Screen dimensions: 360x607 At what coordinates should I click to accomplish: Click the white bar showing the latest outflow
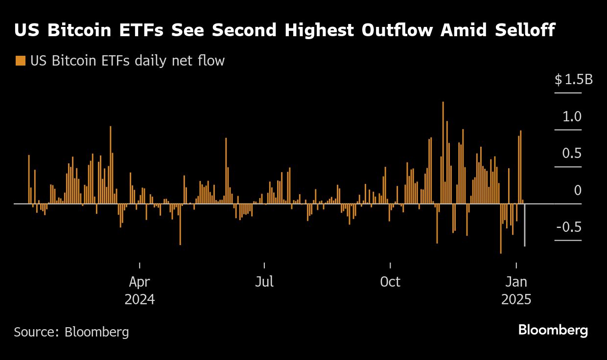(525, 225)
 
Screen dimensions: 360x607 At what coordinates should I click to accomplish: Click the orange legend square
(20, 61)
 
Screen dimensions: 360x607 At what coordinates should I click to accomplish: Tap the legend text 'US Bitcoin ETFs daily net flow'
(127, 61)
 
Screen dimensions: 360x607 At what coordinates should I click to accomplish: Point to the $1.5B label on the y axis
(573, 80)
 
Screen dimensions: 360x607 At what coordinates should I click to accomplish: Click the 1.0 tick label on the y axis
(572, 117)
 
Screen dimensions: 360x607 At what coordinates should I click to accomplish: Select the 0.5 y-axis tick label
(572, 154)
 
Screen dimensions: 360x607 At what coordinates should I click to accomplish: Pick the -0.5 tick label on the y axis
(569, 227)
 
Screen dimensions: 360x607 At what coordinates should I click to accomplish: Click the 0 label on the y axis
(578, 191)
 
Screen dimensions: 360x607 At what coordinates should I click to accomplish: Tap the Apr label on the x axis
(140, 282)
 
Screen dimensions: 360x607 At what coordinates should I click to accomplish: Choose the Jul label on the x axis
(264, 282)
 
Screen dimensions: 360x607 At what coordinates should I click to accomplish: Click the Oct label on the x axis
(390, 282)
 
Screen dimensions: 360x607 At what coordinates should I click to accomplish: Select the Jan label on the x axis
(516, 282)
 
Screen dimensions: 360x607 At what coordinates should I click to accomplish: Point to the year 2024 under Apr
(140, 299)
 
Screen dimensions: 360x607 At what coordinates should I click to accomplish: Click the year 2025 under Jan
(516, 299)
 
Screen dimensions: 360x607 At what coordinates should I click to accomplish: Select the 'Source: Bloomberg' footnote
(71, 332)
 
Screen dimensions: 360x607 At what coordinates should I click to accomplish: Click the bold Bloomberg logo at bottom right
(553, 330)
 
